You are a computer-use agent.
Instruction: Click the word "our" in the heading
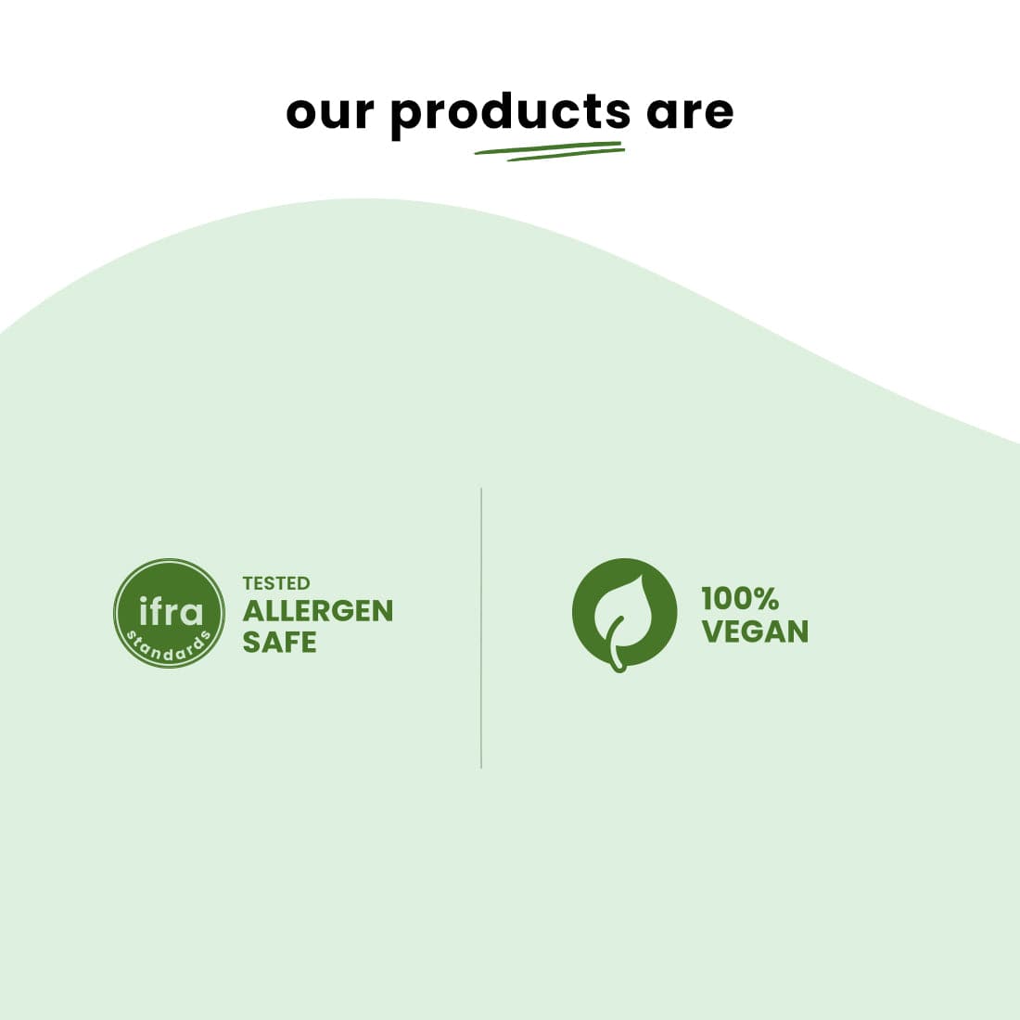[330, 112]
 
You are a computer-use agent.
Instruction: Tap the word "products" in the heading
[509, 113]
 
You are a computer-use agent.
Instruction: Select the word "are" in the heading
[689, 112]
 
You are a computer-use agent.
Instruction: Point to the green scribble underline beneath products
[549, 150]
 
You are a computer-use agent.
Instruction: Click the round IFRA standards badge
[169, 613]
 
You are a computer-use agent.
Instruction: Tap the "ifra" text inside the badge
[171, 611]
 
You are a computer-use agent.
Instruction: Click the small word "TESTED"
[276, 583]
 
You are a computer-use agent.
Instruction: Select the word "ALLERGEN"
[318, 611]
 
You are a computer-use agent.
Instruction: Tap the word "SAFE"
[279, 642]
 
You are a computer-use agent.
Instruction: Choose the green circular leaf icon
[624, 612]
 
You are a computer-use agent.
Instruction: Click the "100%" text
[739, 598]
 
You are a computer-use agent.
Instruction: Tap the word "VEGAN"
[755, 631]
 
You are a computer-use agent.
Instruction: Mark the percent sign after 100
[766, 598]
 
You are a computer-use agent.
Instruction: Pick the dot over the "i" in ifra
[144, 599]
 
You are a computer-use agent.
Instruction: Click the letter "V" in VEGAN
[713, 631]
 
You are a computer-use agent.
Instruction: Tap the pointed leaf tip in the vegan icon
[643, 576]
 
